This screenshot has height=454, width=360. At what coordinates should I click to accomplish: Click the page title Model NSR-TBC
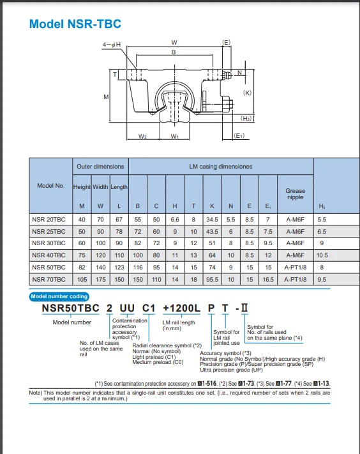75,24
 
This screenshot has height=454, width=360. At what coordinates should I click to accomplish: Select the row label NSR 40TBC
49,255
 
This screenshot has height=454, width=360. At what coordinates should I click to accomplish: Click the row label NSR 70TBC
49,279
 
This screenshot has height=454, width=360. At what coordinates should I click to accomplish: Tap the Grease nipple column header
295,193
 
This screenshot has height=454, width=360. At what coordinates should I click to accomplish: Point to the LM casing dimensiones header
221,167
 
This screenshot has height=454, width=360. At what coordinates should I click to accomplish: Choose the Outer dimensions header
100,167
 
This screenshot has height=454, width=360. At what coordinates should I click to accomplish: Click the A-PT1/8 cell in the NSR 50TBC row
295,267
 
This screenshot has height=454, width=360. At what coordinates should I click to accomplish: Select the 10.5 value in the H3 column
322,255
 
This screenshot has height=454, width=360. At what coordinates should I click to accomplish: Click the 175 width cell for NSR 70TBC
100,279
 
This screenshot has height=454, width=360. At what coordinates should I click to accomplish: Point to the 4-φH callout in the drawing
112,45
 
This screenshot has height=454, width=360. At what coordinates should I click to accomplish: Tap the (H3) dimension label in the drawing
247,118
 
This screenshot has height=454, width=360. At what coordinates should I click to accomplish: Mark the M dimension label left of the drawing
106,96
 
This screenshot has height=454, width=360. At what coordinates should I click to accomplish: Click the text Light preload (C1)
153,357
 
